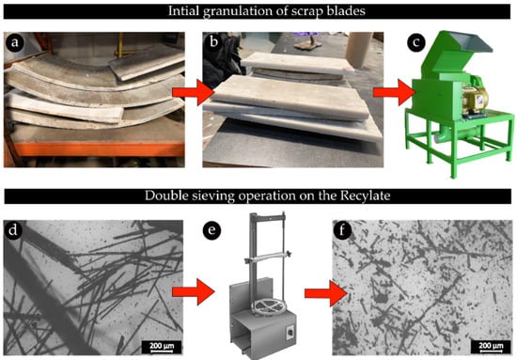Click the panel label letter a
click(x=14, y=42)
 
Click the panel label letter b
click(x=213, y=42)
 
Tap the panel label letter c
click(x=416, y=42)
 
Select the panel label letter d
click(x=13, y=229)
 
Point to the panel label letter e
click(x=211, y=230)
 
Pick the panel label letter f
click(x=342, y=229)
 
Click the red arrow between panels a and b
click(x=194, y=92)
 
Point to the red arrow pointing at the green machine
click(x=395, y=92)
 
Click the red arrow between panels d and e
click(x=194, y=291)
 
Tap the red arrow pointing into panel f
click(x=326, y=293)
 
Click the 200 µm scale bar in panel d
click(x=162, y=347)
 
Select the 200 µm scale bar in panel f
click(x=491, y=347)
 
